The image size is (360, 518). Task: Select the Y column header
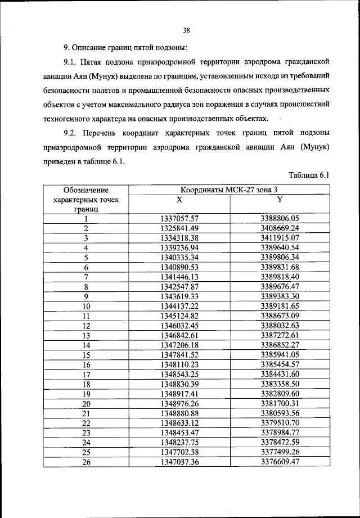point(280,200)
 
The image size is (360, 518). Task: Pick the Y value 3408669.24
point(280,228)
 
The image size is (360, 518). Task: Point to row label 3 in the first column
point(86,238)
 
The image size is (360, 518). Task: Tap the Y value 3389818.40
point(280,277)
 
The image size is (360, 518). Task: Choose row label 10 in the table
point(86,306)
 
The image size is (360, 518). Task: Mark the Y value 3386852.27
point(280,345)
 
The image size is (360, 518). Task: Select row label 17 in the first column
point(86,374)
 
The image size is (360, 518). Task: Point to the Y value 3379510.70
point(280,422)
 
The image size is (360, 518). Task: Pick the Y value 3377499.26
point(280,452)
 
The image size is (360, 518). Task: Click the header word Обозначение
point(86,190)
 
